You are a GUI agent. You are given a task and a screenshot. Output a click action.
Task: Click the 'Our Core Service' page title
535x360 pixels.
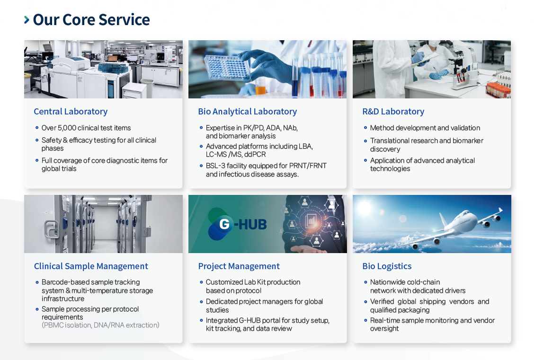tap(91, 20)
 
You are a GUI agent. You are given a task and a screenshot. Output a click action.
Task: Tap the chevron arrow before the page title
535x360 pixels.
tap(27, 20)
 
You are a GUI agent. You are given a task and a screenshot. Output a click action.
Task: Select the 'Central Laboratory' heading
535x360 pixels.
tap(71, 112)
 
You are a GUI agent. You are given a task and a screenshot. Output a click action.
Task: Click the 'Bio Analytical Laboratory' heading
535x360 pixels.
tap(247, 112)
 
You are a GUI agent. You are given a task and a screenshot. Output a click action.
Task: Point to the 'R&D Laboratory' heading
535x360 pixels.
tap(393, 112)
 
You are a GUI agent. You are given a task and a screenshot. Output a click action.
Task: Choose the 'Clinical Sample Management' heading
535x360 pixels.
tap(91, 266)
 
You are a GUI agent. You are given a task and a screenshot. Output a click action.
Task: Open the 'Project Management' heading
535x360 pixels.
tap(239, 266)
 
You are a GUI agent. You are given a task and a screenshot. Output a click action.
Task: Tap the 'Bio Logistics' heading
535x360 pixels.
tap(387, 266)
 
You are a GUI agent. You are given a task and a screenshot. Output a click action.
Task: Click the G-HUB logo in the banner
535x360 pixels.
tap(238, 224)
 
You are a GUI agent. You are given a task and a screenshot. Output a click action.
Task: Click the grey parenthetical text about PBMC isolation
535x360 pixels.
tap(100, 325)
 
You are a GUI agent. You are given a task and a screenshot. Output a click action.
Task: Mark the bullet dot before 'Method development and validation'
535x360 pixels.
tap(366, 128)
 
